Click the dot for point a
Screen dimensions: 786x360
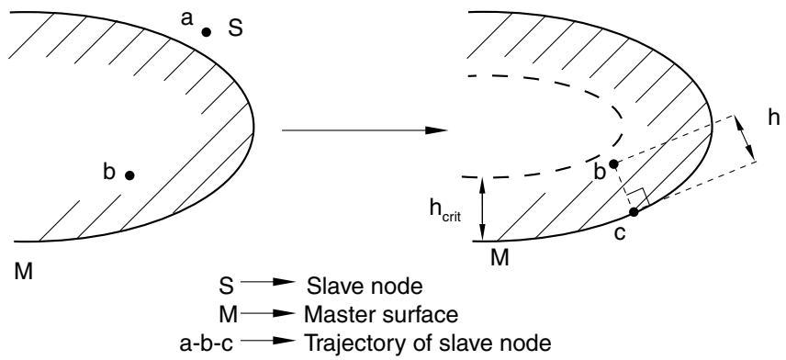pos(206,32)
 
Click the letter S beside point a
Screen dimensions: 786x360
pos(235,28)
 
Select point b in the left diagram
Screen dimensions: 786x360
pos(129,175)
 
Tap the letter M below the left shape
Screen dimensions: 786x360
pos(24,273)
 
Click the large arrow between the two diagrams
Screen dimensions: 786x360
pos(365,130)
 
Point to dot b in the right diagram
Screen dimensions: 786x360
pos(613,164)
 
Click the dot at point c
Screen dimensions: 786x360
pos(634,212)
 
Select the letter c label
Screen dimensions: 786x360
pos(620,233)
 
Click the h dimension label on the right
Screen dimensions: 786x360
pos(773,118)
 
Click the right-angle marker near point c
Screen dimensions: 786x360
pos(638,197)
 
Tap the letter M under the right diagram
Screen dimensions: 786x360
pos(500,258)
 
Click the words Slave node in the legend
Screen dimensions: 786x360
pos(365,287)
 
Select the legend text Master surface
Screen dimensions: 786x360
pos(381,315)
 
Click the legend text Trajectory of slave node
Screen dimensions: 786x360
pos(428,344)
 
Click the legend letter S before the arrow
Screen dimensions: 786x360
pos(227,287)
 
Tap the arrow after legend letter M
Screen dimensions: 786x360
pos(266,314)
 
